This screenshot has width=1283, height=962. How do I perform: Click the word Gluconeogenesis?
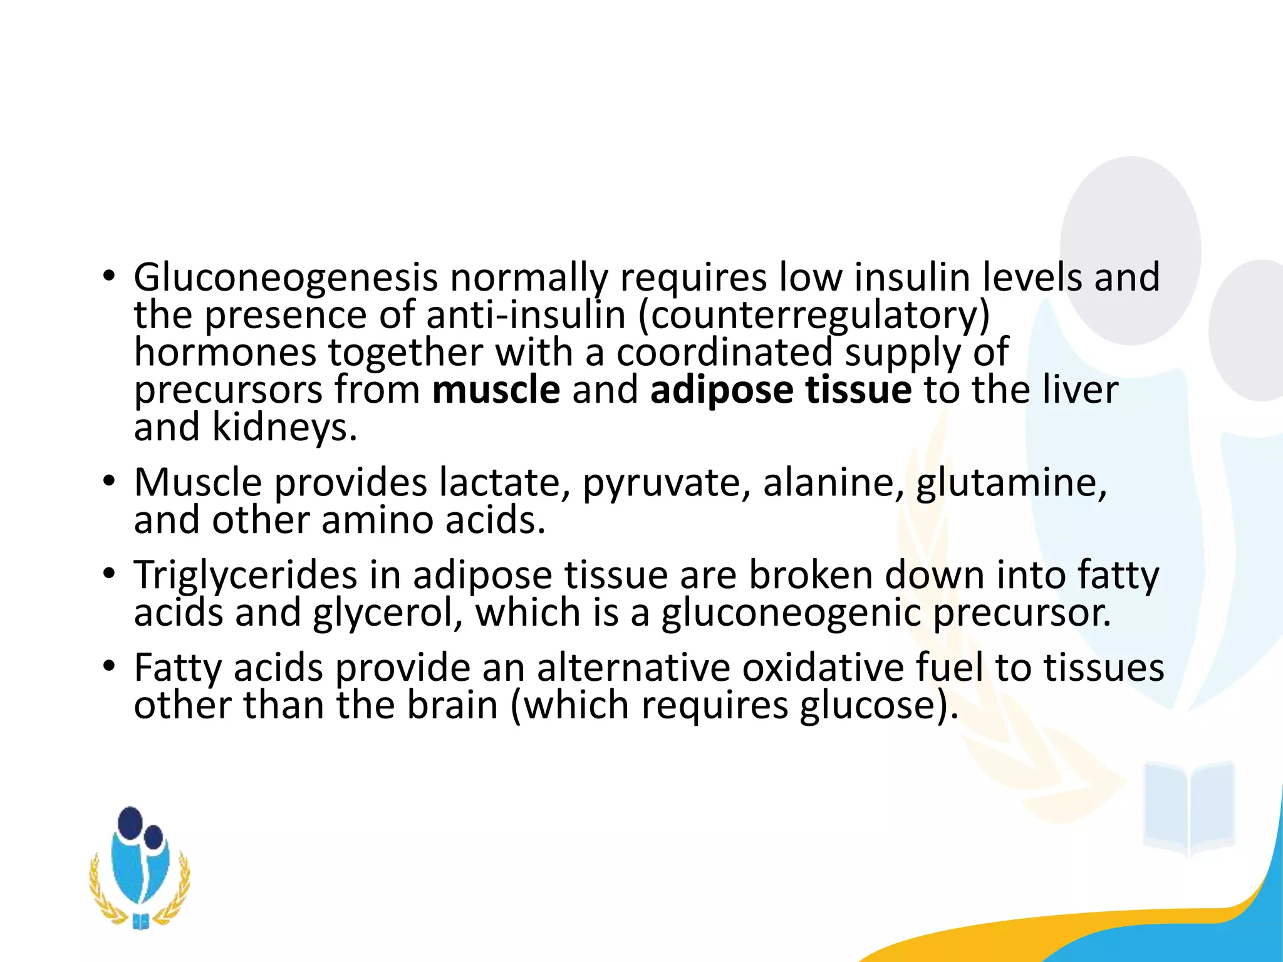pyautogui.click(x=285, y=277)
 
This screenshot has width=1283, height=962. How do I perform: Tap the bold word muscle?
pyautogui.click(x=496, y=390)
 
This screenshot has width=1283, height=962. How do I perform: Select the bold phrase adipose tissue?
pyautogui.click(x=781, y=390)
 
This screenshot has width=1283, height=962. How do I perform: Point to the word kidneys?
pyautogui.click(x=284, y=428)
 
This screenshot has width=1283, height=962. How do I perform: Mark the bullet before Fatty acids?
pyautogui.click(x=110, y=666)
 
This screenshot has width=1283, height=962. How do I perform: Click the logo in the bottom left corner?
pyautogui.click(x=140, y=867)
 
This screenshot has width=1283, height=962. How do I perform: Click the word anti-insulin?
pyautogui.click(x=526, y=315)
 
